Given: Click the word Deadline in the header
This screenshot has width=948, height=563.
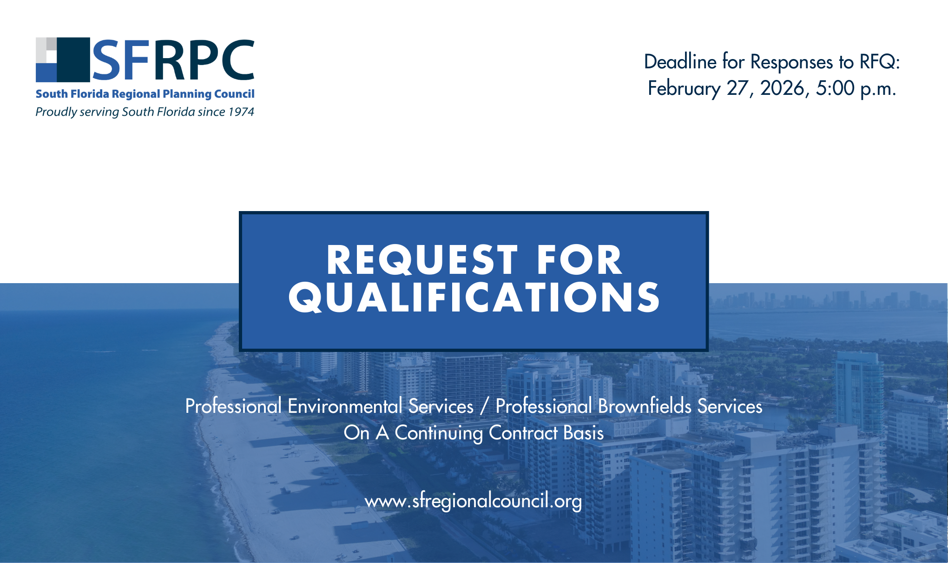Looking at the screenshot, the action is pyautogui.click(x=680, y=62).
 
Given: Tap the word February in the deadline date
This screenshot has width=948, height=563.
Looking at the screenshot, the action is pyautogui.click(x=685, y=88).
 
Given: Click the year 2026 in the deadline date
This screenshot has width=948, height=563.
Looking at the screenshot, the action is pyautogui.click(x=784, y=88).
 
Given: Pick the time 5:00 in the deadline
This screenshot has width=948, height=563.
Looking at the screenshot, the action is pyautogui.click(x=835, y=88).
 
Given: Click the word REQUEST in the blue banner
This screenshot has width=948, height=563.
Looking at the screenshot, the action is pyautogui.click(x=422, y=260).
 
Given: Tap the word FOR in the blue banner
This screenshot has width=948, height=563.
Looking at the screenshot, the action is pyautogui.click(x=579, y=260).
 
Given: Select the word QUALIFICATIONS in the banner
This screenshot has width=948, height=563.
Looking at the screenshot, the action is pyautogui.click(x=474, y=298).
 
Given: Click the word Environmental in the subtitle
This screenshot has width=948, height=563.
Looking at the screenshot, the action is pyautogui.click(x=345, y=406).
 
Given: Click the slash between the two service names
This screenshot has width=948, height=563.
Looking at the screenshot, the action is pyautogui.click(x=485, y=406).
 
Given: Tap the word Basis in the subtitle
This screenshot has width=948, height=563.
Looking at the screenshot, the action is pyautogui.click(x=583, y=433).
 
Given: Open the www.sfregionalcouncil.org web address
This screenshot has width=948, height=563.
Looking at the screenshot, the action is pyautogui.click(x=474, y=501).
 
